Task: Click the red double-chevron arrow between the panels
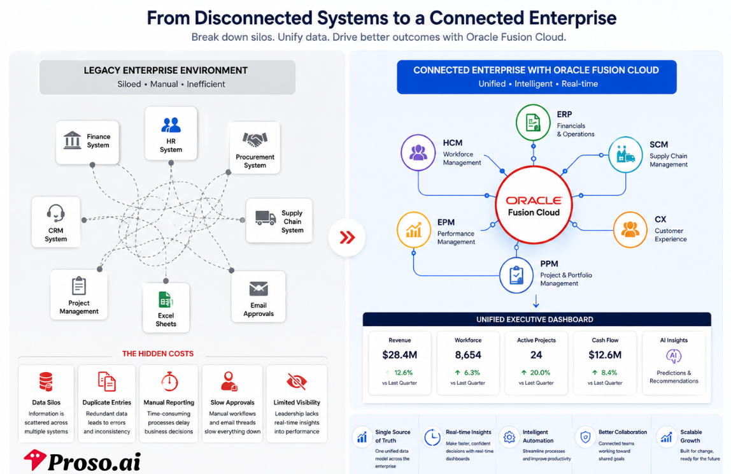pyautogui.click(x=347, y=238)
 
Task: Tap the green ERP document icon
pyautogui.click(x=534, y=123)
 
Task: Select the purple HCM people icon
pyautogui.click(x=418, y=152)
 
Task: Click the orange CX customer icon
pyautogui.click(x=630, y=229)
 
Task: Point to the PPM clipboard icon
pyautogui.click(x=516, y=275)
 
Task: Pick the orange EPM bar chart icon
pyautogui.click(x=413, y=229)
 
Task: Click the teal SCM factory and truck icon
pyautogui.click(x=625, y=154)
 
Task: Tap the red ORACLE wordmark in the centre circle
pyautogui.click(x=534, y=201)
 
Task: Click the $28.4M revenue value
pyautogui.click(x=399, y=355)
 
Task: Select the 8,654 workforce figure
pyautogui.click(x=468, y=355)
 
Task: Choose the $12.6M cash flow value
pyautogui.click(x=605, y=355)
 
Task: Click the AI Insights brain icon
pyautogui.click(x=674, y=356)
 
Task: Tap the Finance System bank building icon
pyautogui.click(x=72, y=140)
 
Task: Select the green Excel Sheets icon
pyautogui.click(x=166, y=300)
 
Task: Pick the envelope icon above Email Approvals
pyautogui.click(x=259, y=289)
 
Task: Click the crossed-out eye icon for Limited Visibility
pyautogui.click(x=297, y=382)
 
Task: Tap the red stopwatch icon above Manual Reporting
pyautogui.click(x=169, y=381)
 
